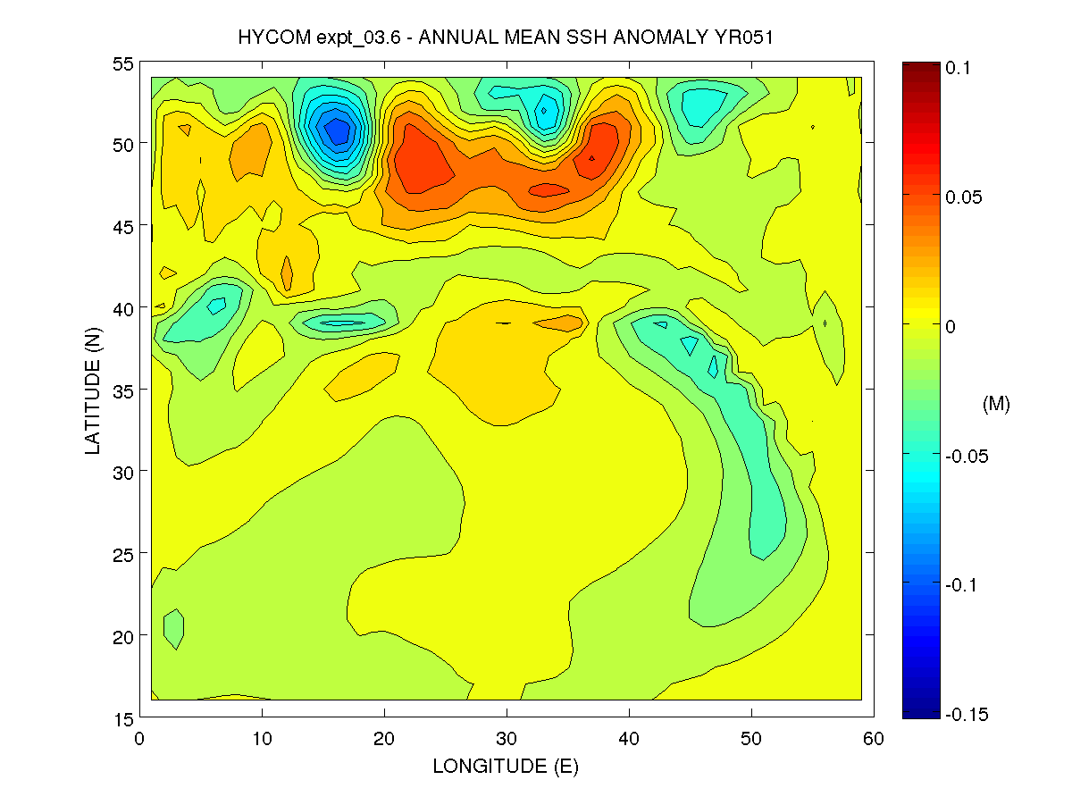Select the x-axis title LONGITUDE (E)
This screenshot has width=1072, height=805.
coord(506,766)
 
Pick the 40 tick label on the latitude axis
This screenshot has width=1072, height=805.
coord(124,308)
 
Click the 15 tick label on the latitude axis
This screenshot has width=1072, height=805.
coord(124,717)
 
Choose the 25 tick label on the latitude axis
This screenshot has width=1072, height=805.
coord(124,554)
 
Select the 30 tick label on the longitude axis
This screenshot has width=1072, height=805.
coord(507,738)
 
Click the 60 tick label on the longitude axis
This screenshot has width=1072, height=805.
coord(873,738)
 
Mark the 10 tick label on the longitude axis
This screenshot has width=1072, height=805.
coord(263,738)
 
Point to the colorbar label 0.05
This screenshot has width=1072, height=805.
coord(964,197)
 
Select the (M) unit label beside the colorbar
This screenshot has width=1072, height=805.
coord(996,405)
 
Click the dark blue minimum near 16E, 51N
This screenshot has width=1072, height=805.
coord(337,131)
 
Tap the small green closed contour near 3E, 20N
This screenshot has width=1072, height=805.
coord(173,629)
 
